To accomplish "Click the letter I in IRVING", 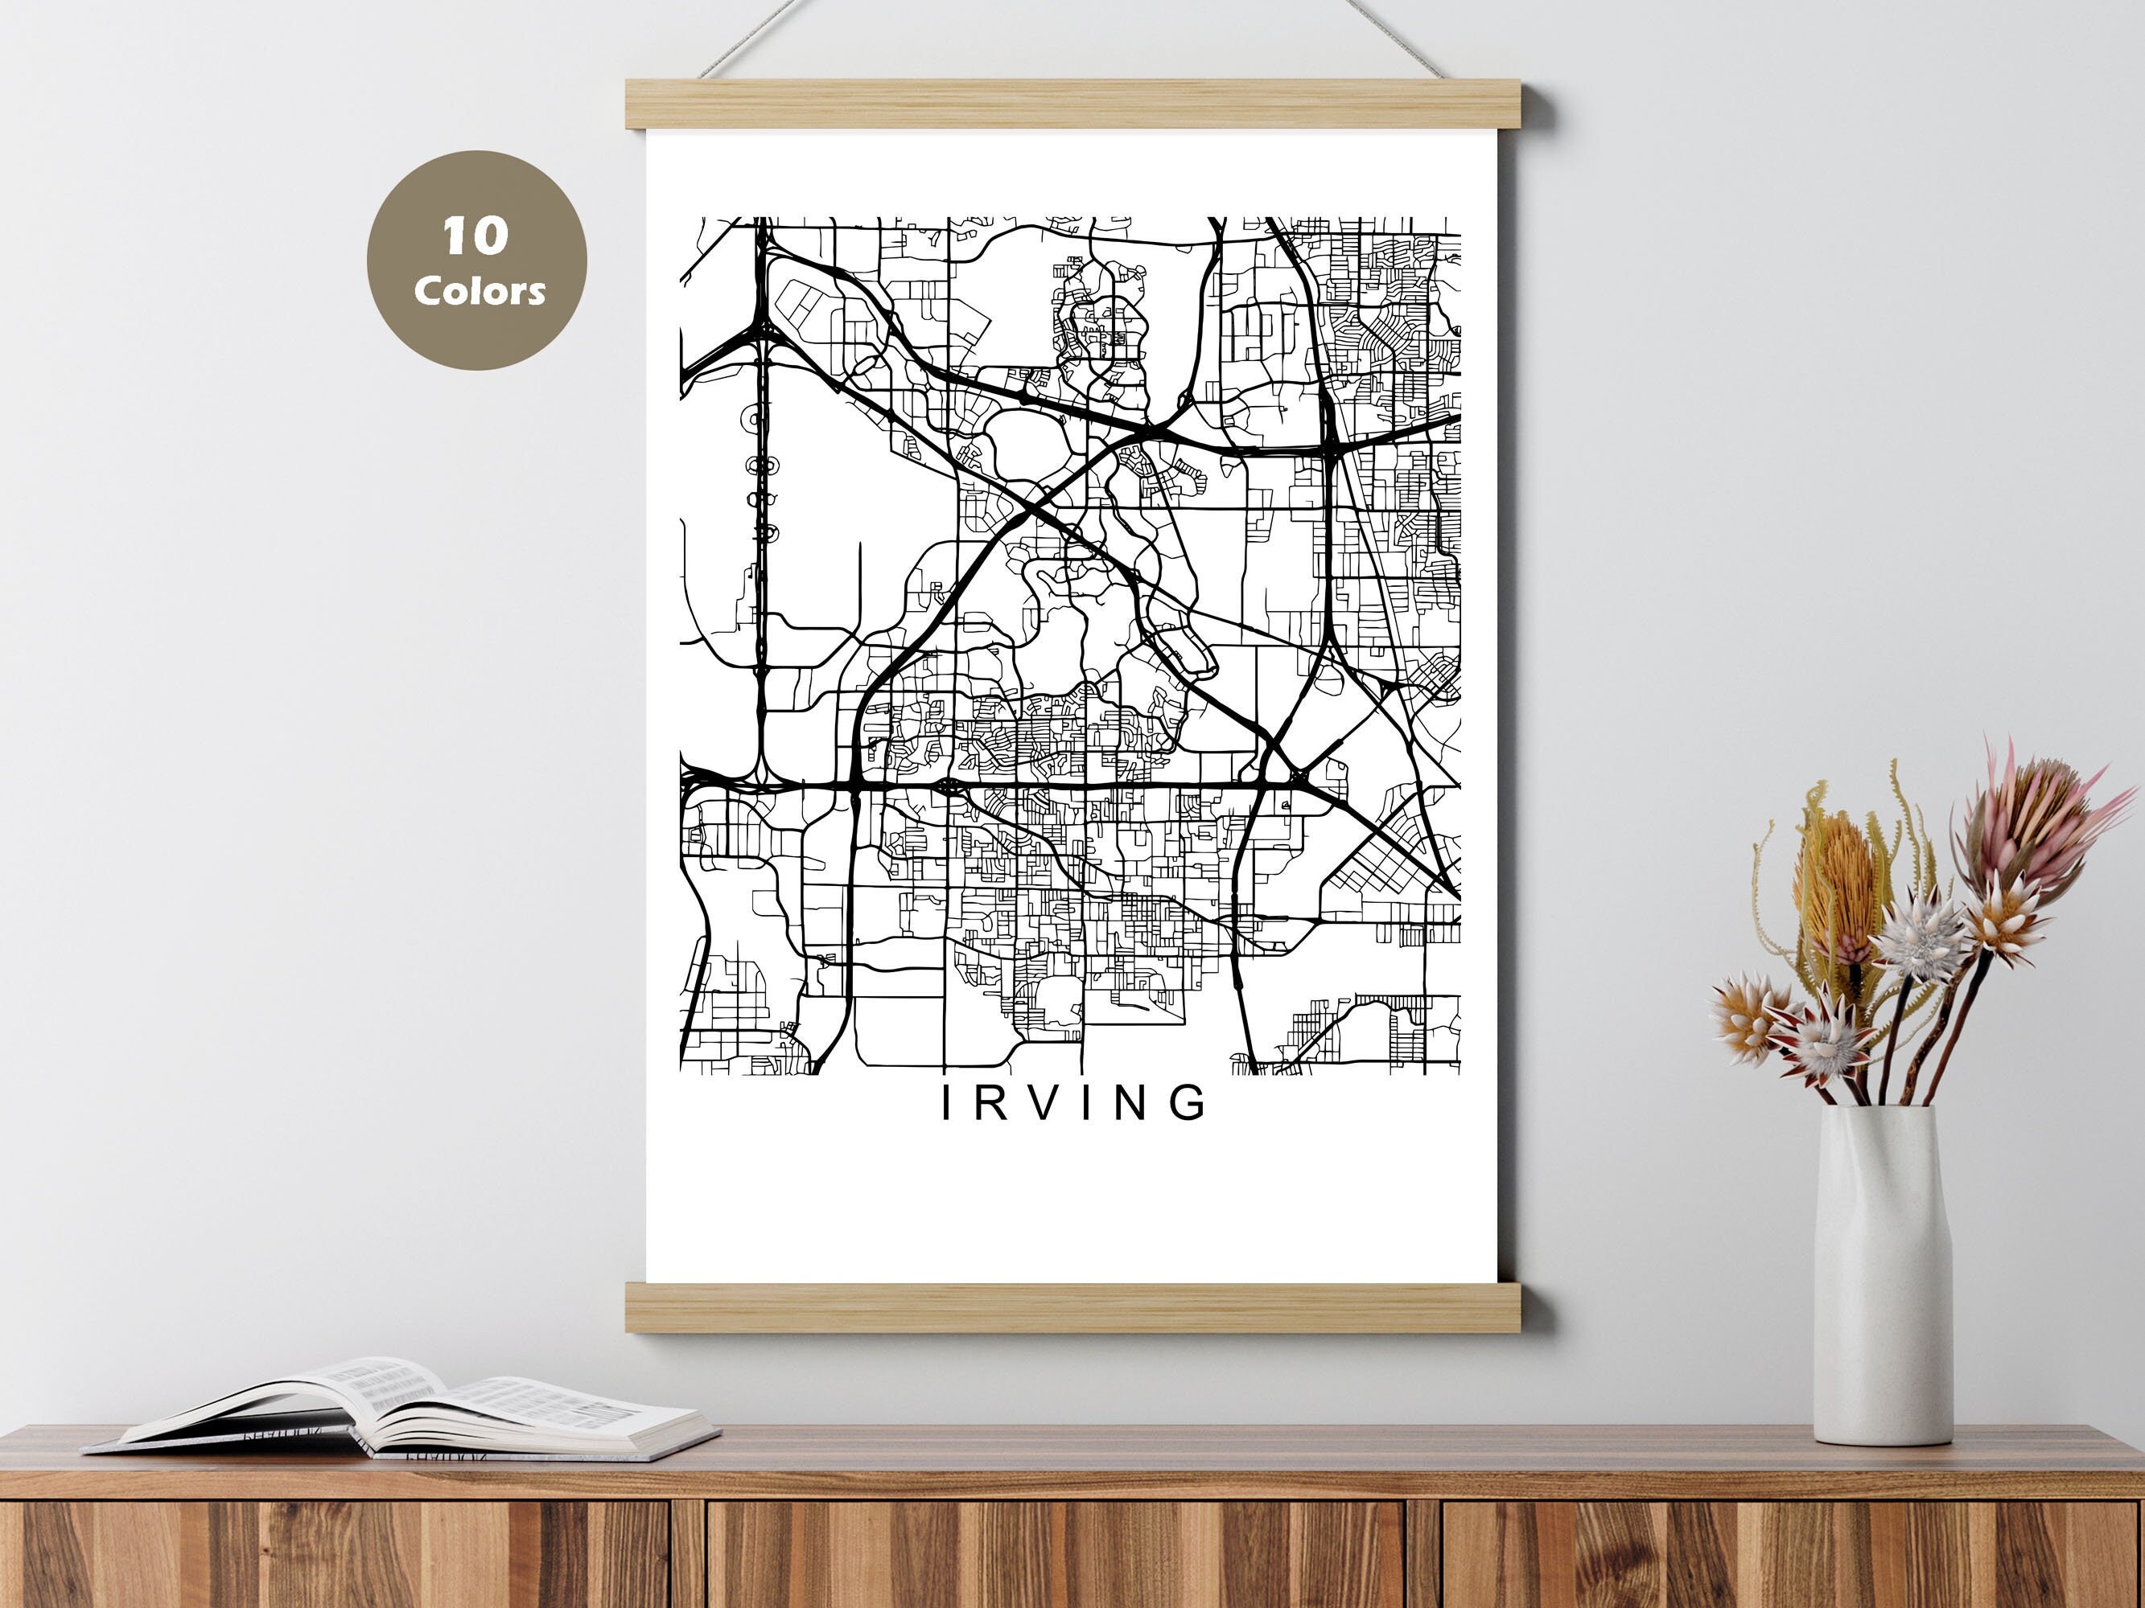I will pos(948,1103).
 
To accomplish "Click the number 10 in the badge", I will pos(476,236).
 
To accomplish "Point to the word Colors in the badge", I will pos(479,289).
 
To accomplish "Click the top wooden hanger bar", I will pos(1086,104).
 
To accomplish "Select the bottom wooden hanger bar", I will pos(1086,1307).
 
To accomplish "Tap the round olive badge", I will pos(476,260).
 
